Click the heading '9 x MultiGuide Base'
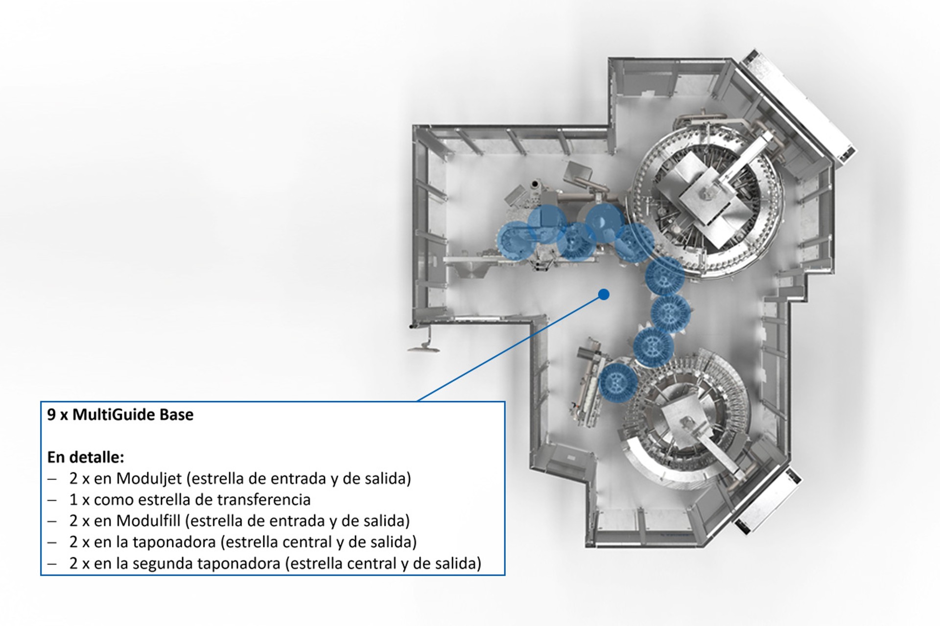click(x=120, y=415)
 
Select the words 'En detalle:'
click(x=86, y=457)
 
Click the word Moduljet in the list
click(x=149, y=479)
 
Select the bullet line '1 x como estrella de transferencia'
click(x=190, y=500)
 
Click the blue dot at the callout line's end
click(x=604, y=294)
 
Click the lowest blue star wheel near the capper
click(x=618, y=382)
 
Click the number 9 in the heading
click(x=51, y=415)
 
